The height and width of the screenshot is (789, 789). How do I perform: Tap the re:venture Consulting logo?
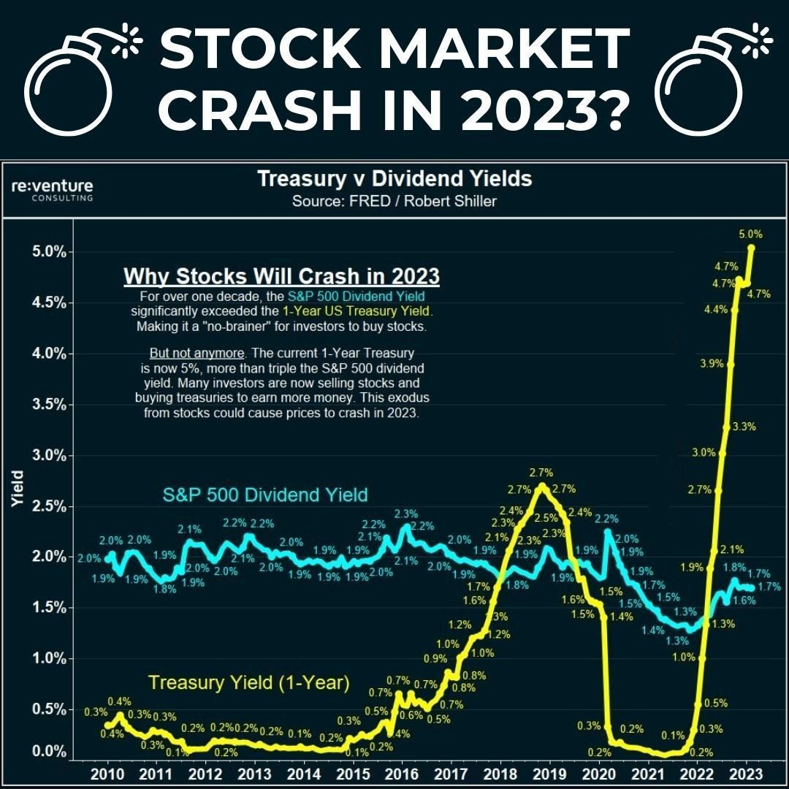[x=53, y=190]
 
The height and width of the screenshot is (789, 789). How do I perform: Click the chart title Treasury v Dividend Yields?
[x=394, y=179]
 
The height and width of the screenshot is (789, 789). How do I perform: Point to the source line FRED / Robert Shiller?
[x=394, y=201]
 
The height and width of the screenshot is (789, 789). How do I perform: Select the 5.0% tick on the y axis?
[x=50, y=252]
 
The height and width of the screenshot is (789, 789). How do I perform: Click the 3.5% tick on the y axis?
[x=50, y=404]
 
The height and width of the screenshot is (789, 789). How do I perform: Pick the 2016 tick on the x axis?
[x=401, y=774]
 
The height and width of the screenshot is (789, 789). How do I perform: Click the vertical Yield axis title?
[x=18, y=489]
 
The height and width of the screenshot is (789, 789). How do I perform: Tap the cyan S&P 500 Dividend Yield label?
[x=264, y=495]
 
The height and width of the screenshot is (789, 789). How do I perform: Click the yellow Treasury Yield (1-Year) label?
[x=249, y=683]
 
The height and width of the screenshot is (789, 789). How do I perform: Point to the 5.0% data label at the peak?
[x=751, y=235]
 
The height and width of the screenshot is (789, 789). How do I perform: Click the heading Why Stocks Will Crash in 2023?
[x=281, y=277]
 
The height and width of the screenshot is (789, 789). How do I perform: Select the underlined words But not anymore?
[x=197, y=353]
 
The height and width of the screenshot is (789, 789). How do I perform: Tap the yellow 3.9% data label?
[x=712, y=364]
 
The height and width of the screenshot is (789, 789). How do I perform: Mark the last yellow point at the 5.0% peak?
[x=752, y=248]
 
